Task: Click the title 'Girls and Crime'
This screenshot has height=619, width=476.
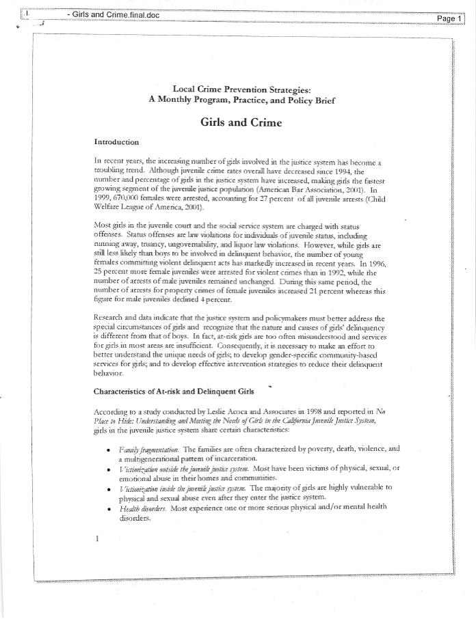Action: click(x=241, y=123)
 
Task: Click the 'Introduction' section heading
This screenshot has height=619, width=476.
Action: click(x=116, y=142)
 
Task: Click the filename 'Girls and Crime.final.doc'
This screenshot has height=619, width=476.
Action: click(x=114, y=14)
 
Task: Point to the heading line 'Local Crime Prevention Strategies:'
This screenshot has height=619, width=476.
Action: click(x=241, y=89)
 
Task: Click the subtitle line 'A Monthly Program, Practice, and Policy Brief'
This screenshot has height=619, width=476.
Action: click(x=241, y=99)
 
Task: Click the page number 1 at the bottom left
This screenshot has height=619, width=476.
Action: click(x=97, y=538)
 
